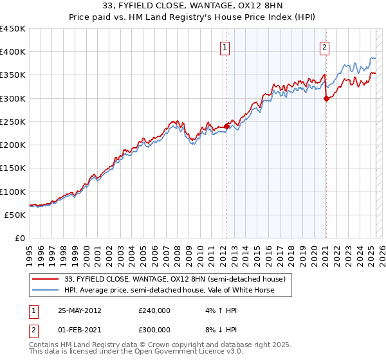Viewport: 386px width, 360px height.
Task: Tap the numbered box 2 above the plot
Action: (325, 46)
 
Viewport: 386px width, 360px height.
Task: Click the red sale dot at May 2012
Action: (226, 126)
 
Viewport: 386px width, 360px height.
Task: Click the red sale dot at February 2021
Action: (326, 98)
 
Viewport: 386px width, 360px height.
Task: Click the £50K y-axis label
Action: (15, 215)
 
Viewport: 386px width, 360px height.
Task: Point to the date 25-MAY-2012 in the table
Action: (79, 310)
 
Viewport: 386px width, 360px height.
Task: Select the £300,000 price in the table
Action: (154, 330)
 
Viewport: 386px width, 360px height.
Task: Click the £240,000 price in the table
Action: (154, 310)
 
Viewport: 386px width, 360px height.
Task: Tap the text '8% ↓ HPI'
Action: (221, 330)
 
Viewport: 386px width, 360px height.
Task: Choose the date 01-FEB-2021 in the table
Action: (79, 330)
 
